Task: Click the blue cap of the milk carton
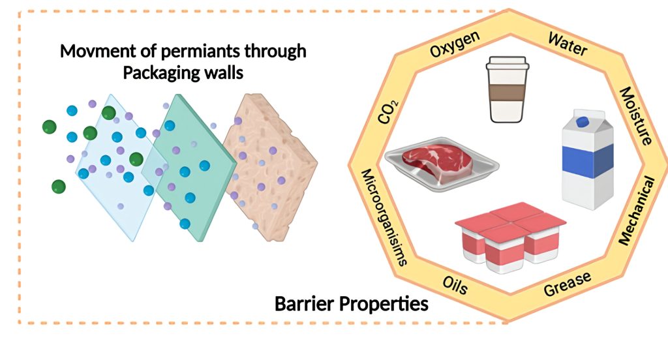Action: pos(582,121)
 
